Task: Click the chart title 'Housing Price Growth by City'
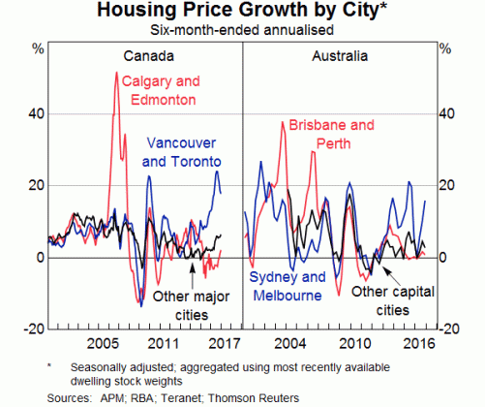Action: click(x=241, y=11)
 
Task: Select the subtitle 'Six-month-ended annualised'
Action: click(x=242, y=30)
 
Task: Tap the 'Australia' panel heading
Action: click(x=339, y=56)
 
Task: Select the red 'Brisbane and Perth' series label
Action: click(x=331, y=134)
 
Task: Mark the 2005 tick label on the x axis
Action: click(x=102, y=342)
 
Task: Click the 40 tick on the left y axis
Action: click(x=36, y=113)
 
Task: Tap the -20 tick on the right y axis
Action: click(x=447, y=329)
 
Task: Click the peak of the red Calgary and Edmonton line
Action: click(x=117, y=73)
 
